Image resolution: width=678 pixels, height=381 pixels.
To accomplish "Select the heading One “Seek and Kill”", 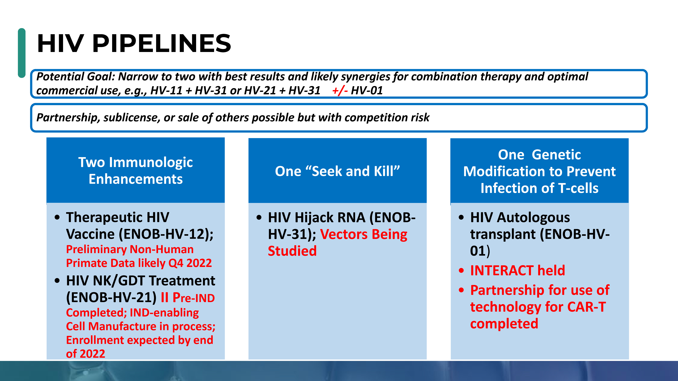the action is (x=337, y=171).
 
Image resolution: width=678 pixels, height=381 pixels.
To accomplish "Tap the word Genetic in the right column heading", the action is (x=556, y=155).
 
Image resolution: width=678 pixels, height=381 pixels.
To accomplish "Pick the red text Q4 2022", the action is (x=190, y=263).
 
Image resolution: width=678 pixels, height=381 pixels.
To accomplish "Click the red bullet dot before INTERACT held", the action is (x=461, y=271).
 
